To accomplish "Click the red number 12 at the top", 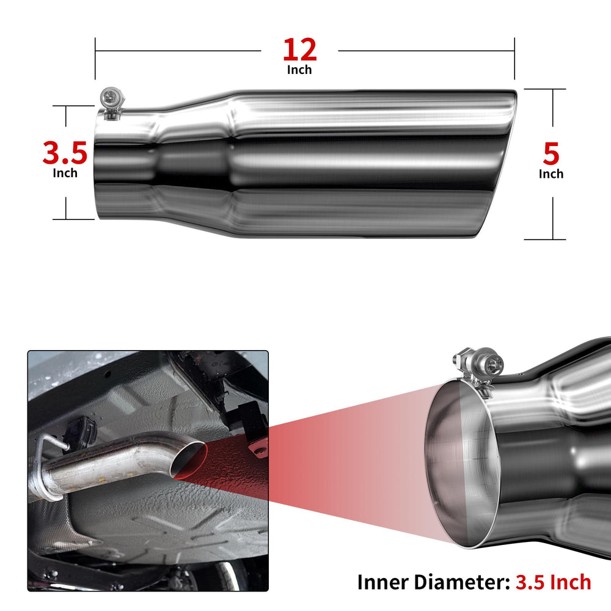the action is coord(299,49).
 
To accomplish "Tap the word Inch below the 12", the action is coord(299,70).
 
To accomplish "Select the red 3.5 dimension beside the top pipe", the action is coord(65,153).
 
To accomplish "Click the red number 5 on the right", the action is coord(551,153).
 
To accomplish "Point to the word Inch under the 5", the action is coord(551,174).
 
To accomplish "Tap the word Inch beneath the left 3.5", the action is coord(65,173).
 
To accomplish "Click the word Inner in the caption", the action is coord(383,582).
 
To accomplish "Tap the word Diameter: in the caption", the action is coord(462,582).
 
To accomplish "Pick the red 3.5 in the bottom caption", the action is coord(530,582).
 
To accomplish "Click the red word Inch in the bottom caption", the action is coord(570,582).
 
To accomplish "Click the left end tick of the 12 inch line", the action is coord(95,59).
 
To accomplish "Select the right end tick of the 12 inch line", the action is coord(514,59).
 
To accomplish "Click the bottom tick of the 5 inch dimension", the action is coord(545,240).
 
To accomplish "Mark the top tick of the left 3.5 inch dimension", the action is coord(73,106).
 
